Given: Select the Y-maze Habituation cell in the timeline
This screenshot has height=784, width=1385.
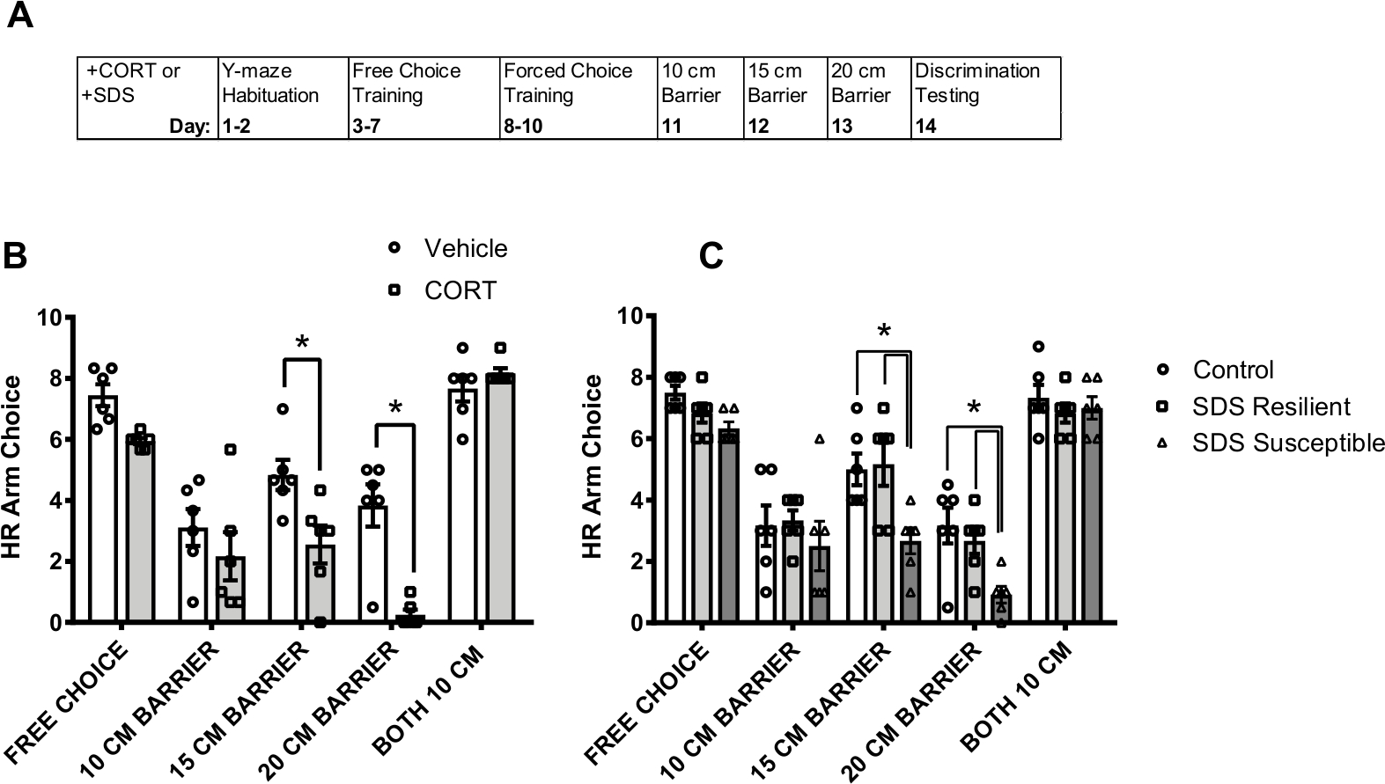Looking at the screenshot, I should point(283,98).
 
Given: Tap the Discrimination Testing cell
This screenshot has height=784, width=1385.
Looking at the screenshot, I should point(984,98).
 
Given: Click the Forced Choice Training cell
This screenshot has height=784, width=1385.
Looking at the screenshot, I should point(577,98).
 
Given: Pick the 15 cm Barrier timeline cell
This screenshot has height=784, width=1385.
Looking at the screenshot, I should point(785,98).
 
